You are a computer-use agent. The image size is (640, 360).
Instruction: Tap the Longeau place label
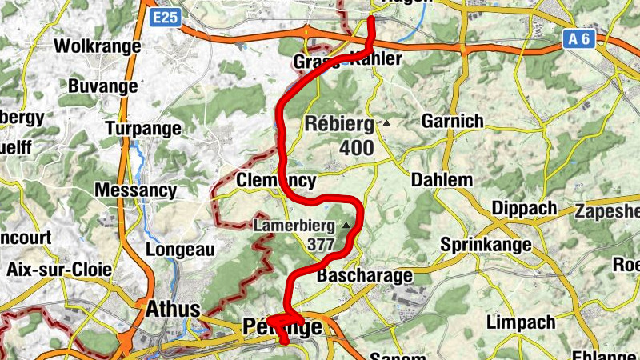(180, 250)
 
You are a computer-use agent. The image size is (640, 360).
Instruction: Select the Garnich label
(453, 122)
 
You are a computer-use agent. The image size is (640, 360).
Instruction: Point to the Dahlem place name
(442, 180)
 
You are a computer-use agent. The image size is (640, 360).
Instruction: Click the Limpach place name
(521, 322)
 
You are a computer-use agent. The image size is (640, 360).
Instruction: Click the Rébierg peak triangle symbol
(387, 124)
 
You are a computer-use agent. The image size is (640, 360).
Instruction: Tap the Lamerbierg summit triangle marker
(346, 226)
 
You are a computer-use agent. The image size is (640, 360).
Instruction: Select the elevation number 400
(356, 148)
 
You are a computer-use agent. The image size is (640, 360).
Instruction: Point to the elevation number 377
(322, 245)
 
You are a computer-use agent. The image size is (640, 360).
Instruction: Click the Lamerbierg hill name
(294, 226)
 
